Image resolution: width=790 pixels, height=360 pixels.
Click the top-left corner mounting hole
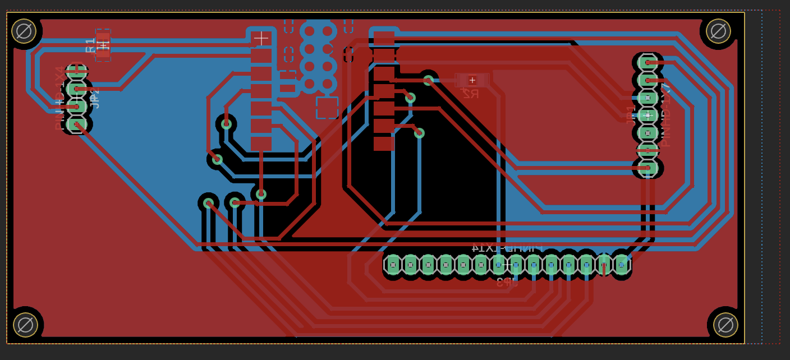pyautogui.click(x=24, y=31)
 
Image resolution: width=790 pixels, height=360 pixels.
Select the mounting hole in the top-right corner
pyautogui.click(x=718, y=31)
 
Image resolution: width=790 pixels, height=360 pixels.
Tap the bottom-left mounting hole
pyautogui.click(x=25, y=325)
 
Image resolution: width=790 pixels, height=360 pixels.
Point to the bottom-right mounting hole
pyautogui.click(x=725, y=325)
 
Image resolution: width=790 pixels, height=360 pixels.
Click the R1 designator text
pyautogui.click(x=90, y=45)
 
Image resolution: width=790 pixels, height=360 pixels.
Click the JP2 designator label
pyautogui.click(x=95, y=98)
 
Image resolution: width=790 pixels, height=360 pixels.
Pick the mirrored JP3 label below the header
pyautogui.click(x=507, y=281)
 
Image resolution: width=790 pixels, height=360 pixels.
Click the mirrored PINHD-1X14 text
pyautogui.click(x=507, y=247)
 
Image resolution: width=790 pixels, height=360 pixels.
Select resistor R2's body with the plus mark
pyautogui.click(x=472, y=80)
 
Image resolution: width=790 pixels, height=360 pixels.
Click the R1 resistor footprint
pyautogui.click(x=103, y=45)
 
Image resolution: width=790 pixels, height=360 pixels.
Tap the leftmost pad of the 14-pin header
pyautogui.click(x=393, y=265)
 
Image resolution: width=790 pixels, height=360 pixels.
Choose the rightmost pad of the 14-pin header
pyautogui.click(x=622, y=265)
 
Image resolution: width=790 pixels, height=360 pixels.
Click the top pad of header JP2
pyautogui.click(x=76, y=72)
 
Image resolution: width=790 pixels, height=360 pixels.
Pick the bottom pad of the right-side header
pyautogui.click(x=647, y=168)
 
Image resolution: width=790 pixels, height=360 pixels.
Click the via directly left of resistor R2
pyautogui.click(x=428, y=80)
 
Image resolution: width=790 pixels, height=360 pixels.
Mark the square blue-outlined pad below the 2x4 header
pyautogui.click(x=327, y=108)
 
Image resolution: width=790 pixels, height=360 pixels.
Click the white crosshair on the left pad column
pyautogui.click(x=261, y=38)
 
